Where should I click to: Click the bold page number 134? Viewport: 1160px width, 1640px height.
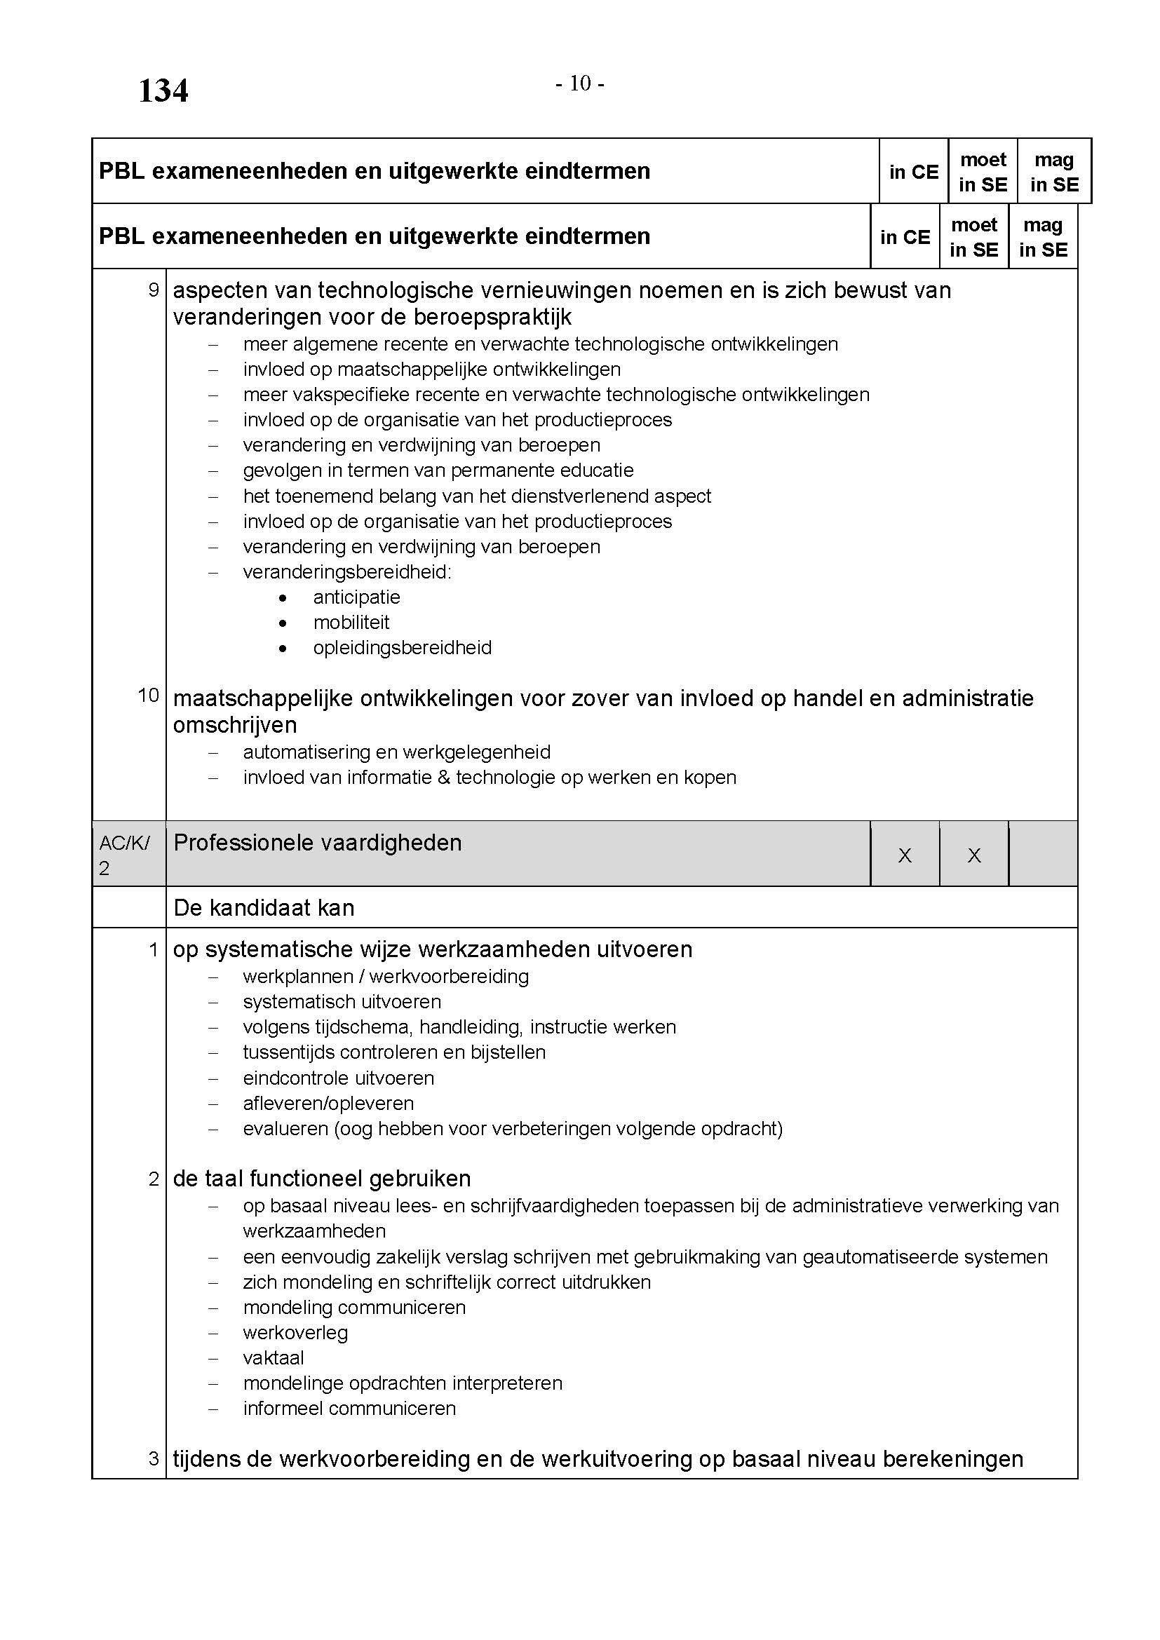[163, 91]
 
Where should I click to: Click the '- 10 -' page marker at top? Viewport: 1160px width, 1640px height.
[580, 84]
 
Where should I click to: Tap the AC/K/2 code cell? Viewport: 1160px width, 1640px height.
[124, 855]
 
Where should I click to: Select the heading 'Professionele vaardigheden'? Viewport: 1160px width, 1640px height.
[317, 843]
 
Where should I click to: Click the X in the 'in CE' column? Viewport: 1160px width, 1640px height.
[904, 855]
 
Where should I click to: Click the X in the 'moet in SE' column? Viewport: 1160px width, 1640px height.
[973, 855]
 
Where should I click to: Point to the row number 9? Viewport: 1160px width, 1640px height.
[153, 290]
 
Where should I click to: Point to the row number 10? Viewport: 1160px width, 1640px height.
[148, 695]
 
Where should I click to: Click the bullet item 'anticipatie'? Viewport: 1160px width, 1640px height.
[356, 597]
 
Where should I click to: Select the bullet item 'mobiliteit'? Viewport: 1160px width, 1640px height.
[351, 622]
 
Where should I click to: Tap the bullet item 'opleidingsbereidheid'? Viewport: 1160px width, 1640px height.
[402, 648]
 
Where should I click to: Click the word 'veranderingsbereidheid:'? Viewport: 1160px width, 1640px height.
[347, 572]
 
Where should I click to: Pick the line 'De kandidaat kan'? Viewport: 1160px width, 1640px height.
[264, 908]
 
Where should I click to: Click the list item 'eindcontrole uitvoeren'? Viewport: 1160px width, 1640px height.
[338, 1078]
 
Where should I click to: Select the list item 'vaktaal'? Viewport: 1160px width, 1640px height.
[273, 1358]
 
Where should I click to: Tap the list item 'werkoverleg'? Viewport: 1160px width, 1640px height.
[295, 1333]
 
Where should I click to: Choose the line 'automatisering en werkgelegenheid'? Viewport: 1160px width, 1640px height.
[396, 752]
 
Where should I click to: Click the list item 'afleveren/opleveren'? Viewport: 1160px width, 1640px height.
[328, 1103]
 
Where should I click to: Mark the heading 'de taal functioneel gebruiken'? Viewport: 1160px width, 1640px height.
[321, 1179]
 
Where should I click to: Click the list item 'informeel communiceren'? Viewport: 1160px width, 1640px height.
[349, 1409]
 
